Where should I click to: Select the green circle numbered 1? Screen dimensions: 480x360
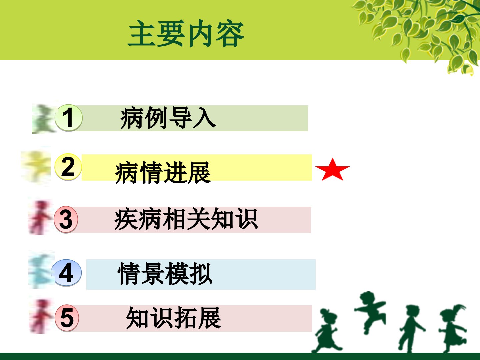coord(69,118)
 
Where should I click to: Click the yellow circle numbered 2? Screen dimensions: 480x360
coord(68,167)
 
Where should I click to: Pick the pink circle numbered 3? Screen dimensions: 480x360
coord(66,219)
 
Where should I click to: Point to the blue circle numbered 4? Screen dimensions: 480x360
coord(66,273)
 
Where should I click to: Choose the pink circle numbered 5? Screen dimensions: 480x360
coord(67,318)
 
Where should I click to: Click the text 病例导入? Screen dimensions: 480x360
coord(168,118)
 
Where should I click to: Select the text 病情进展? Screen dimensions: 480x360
coord(163,172)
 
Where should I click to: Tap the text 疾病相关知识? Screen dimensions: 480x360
coord(186,219)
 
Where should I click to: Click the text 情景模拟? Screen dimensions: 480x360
coord(165,273)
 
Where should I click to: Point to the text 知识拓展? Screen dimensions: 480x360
coord(173,318)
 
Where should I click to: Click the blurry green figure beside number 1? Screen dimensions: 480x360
coord(43,119)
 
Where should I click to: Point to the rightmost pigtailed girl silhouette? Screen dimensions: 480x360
coord(453,328)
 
